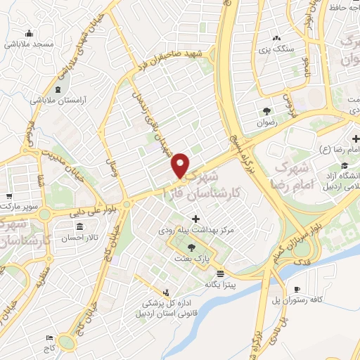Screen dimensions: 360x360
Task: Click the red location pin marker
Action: tap(181, 165)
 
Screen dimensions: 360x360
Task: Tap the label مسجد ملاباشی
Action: tap(29, 44)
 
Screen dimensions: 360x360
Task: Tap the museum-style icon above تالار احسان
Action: tap(79, 226)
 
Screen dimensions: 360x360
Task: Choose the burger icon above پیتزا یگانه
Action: tap(221, 273)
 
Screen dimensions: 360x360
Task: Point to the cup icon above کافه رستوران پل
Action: tap(297, 289)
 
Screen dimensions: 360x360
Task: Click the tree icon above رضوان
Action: tap(266, 110)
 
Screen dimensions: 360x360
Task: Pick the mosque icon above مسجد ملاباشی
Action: tap(29, 32)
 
